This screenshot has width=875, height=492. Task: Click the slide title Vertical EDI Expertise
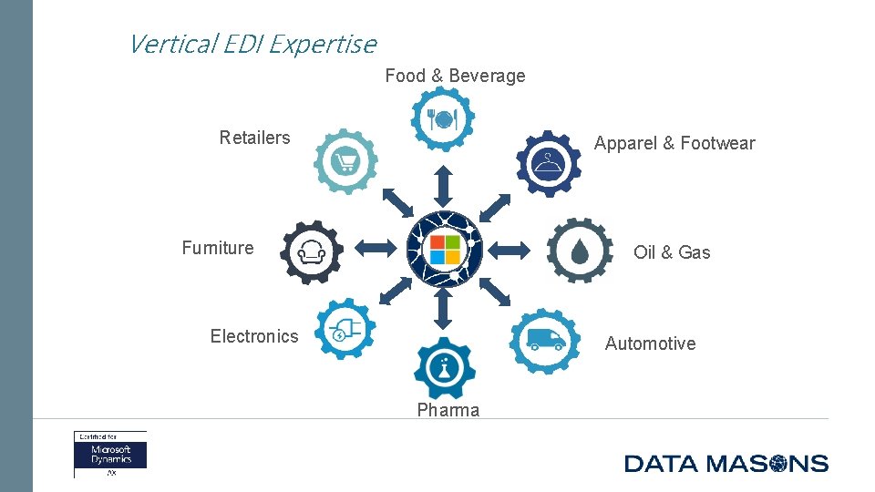(x=252, y=43)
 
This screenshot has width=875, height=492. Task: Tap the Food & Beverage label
(x=455, y=76)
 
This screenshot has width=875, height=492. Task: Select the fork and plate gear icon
(x=442, y=118)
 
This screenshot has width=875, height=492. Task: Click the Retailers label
(x=254, y=138)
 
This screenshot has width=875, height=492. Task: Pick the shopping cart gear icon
(x=345, y=162)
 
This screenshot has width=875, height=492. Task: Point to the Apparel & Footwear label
(x=674, y=143)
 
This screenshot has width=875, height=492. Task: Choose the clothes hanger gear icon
(x=548, y=164)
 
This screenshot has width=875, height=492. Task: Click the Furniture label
(x=218, y=248)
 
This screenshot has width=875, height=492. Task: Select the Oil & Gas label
(x=672, y=252)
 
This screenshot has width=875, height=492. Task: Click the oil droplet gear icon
(x=580, y=251)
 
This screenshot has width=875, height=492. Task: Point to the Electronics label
(x=254, y=336)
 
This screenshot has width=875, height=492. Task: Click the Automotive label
(x=650, y=343)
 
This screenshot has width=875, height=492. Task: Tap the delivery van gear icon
(x=545, y=341)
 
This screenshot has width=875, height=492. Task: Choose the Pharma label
(x=448, y=410)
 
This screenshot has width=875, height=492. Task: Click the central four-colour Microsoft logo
(x=445, y=247)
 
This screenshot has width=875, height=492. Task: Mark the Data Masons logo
(x=726, y=463)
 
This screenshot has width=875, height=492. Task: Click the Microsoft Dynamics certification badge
(x=110, y=454)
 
